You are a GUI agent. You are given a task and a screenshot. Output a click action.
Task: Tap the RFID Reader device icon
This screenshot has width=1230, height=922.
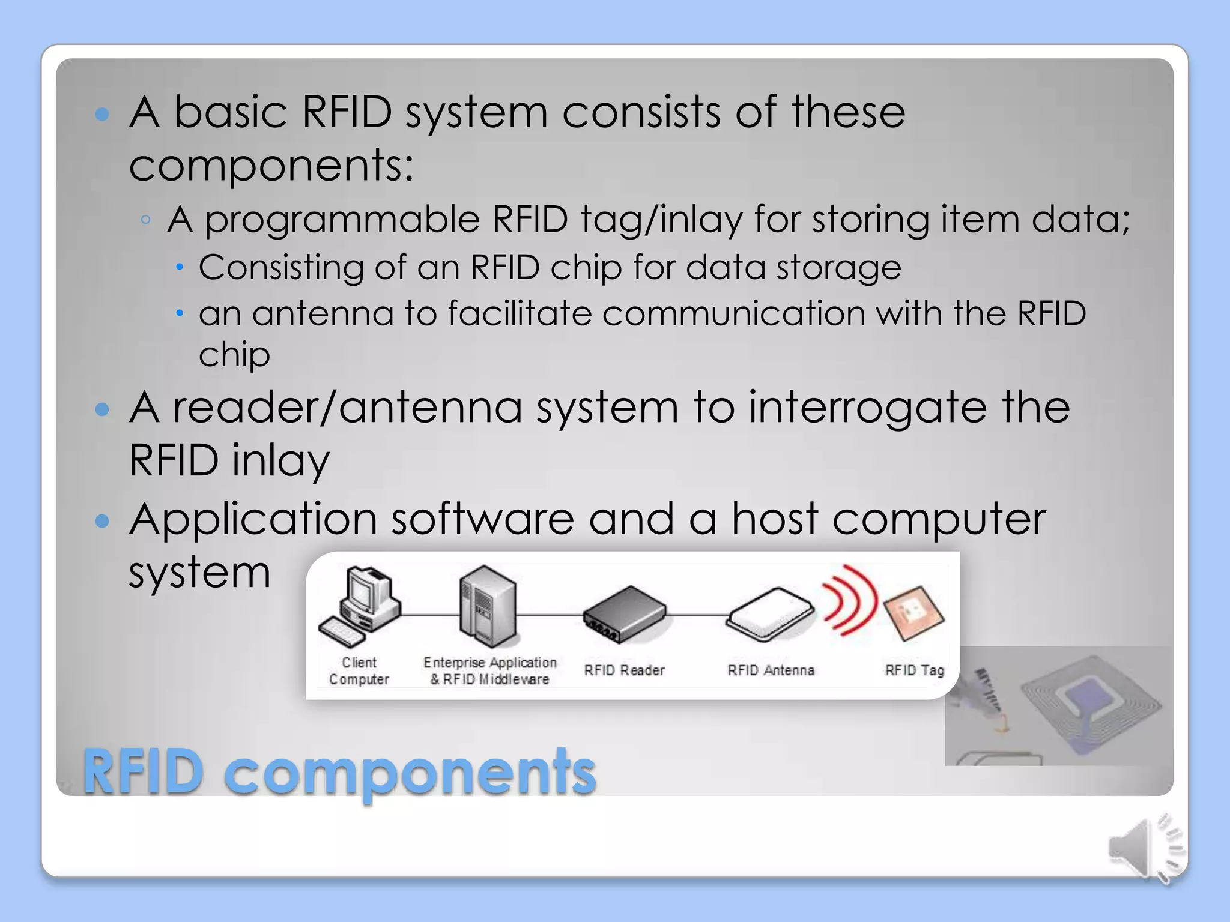click(x=625, y=613)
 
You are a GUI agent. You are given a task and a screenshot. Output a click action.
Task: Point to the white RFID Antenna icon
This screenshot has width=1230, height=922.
click(x=770, y=613)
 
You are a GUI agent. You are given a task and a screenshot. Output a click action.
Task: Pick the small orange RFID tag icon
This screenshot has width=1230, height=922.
click(x=913, y=613)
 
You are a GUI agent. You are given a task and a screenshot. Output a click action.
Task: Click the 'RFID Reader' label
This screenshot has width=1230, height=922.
click(x=624, y=670)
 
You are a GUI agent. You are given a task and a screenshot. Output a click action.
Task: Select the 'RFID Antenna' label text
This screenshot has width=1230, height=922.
click(x=771, y=670)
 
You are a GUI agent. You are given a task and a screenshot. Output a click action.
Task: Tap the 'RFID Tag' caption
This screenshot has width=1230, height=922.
click(x=914, y=670)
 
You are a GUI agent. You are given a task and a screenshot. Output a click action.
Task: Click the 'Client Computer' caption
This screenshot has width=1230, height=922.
click(x=359, y=671)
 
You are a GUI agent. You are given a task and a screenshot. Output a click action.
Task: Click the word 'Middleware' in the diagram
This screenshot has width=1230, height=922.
click(x=514, y=679)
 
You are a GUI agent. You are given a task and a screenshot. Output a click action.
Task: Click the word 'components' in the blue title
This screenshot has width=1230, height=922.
click(x=410, y=773)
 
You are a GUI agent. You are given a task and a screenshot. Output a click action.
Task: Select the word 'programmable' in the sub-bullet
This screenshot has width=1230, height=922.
click(x=342, y=220)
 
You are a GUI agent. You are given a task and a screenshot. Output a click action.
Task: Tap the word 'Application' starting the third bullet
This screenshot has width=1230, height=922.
click(x=253, y=520)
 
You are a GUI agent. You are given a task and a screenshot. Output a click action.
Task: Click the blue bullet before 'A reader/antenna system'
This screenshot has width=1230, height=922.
click(x=103, y=409)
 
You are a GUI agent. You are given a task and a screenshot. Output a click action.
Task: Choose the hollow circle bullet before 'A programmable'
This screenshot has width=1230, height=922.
click(x=145, y=220)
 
